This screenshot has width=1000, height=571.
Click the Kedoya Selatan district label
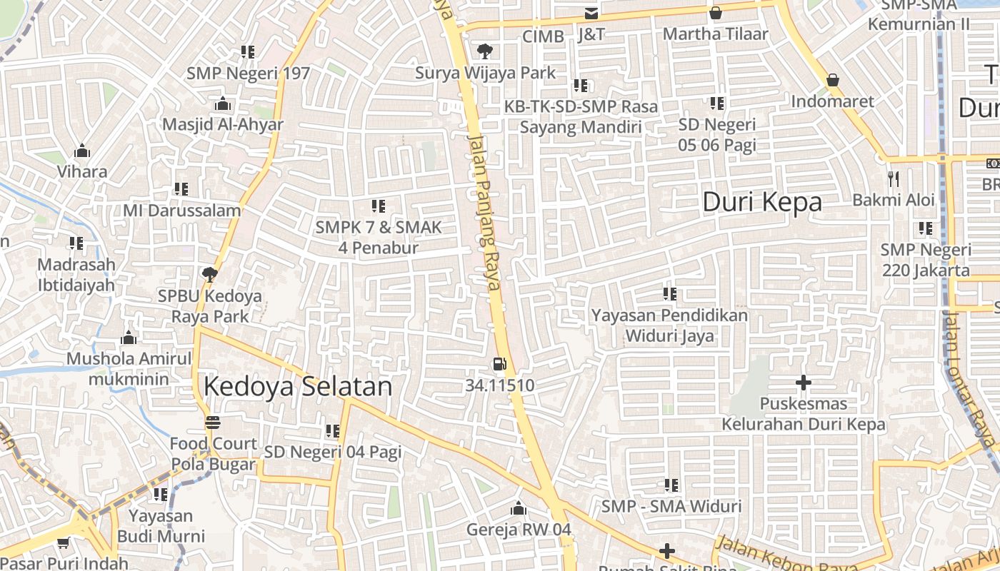[298, 386]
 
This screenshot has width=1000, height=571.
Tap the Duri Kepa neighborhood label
[762, 202]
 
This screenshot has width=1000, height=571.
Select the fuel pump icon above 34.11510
[499, 364]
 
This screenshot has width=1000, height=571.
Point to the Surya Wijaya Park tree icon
[485, 51]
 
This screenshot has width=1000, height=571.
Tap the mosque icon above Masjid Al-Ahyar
[223, 103]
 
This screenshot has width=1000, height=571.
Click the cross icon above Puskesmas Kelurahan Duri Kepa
[804, 383]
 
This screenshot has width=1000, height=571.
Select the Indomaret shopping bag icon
[832, 80]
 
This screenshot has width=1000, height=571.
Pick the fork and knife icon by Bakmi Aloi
[893, 178]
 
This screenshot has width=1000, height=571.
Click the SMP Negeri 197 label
[249, 73]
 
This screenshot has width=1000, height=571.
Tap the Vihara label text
[82, 171]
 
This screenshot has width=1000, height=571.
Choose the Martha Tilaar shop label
[716, 34]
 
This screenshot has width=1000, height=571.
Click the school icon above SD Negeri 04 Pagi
[332, 431]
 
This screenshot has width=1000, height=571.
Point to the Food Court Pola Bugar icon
[213, 423]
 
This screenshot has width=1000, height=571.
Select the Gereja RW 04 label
[519, 530]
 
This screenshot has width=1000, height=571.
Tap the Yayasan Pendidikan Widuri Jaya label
[670, 325]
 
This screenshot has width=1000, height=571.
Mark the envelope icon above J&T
[591, 14]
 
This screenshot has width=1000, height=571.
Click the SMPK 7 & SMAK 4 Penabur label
[379, 238]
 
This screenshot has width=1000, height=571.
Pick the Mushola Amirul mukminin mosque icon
[129, 338]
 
